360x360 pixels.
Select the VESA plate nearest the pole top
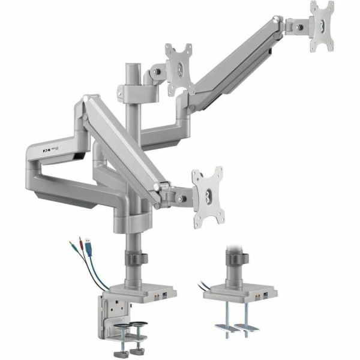(180, 68)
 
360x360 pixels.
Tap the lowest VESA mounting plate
(207, 197)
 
